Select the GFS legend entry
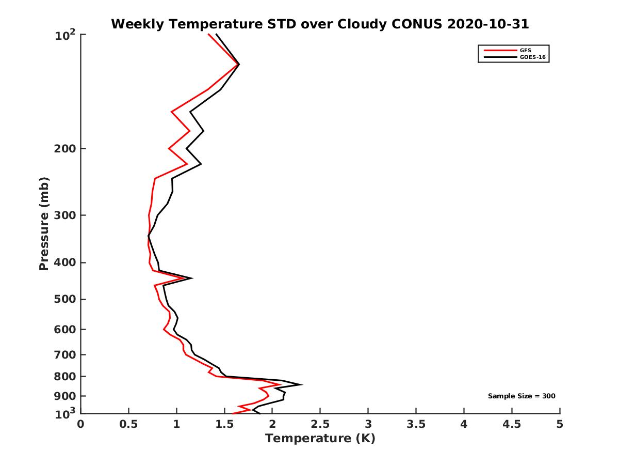click(526, 51)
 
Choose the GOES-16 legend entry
click(531, 57)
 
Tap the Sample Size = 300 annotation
click(522, 396)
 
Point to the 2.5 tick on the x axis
click(320, 424)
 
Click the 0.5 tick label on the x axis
click(129, 424)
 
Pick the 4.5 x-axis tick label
click(512, 424)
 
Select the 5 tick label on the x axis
click(560, 424)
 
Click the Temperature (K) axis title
click(320, 439)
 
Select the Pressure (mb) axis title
click(44, 224)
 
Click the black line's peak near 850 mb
click(301, 384)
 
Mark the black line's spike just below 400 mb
click(192, 278)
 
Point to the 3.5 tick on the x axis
click(416, 424)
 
